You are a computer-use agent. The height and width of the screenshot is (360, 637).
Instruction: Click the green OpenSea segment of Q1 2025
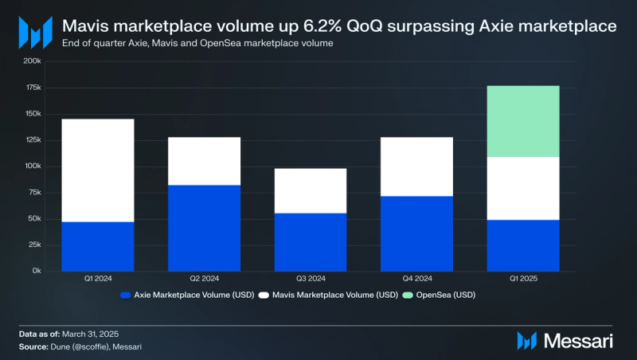coord(522,121)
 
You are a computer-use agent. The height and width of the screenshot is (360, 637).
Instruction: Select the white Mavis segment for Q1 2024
coord(97,170)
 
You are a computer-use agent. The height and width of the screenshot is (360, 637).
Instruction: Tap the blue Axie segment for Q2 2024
coord(204,228)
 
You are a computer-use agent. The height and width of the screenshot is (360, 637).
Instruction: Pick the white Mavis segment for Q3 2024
coord(310,190)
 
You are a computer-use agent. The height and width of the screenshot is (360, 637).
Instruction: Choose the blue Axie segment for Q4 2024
coord(416,233)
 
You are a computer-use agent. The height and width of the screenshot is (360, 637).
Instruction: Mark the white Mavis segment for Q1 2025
coord(522,188)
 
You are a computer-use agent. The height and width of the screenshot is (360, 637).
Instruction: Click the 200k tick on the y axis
coord(32,61)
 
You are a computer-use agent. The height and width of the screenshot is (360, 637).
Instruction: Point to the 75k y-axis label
coord(33,193)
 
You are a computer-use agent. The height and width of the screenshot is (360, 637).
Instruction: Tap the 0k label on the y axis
coord(36,271)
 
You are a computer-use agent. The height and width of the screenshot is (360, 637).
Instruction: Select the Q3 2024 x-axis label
coord(310,279)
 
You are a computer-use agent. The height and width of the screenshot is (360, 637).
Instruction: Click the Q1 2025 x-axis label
coord(522,279)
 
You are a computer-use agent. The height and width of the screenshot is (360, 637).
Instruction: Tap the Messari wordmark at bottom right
coord(580,340)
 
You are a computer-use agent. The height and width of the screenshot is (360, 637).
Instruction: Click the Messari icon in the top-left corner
coord(35,33)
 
